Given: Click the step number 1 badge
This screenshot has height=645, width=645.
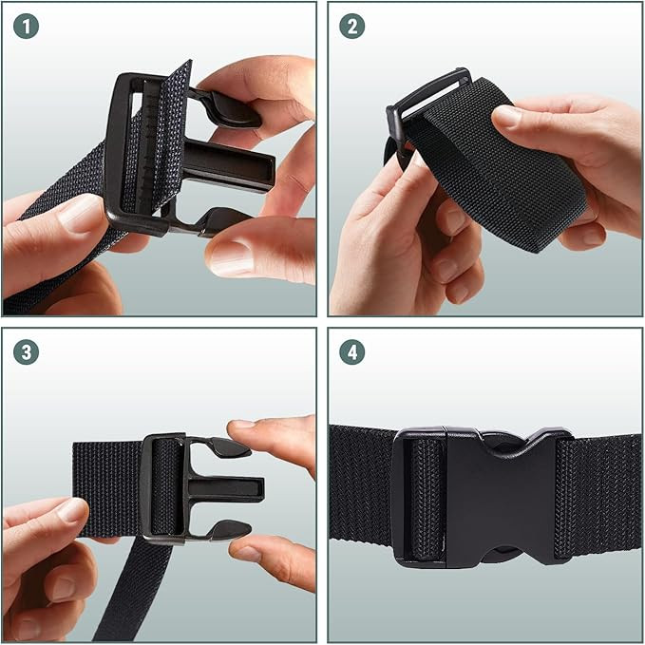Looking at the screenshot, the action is click(26, 27).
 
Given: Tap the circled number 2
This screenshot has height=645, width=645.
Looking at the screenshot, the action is click(352, 27).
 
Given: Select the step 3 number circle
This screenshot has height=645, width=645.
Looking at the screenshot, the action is click(26, 352).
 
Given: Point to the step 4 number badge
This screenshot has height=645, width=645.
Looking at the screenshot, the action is click(352, 352).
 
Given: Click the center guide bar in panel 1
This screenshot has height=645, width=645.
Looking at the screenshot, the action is click(227, 165).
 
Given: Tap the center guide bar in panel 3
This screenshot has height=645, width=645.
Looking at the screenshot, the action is click(225, 489).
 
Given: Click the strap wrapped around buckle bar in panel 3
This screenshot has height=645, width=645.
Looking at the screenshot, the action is click(166, 488).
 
